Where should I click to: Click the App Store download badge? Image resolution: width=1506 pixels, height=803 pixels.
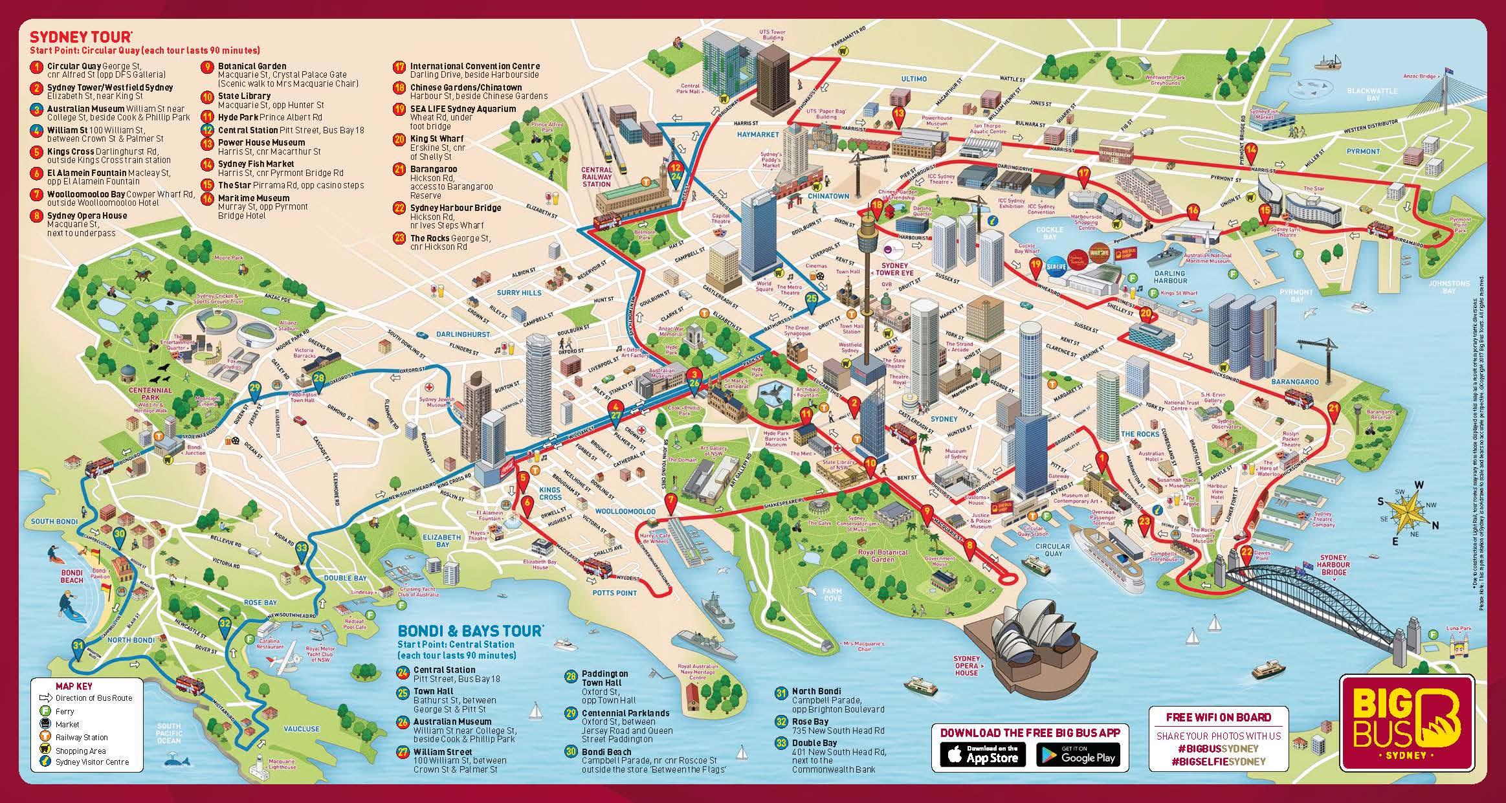point(979,754)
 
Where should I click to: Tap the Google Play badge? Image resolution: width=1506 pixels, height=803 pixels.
point(1078,754)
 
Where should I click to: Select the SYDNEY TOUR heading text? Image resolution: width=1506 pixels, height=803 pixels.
point(81,37)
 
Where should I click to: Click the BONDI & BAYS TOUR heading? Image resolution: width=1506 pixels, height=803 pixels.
point(470,630)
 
